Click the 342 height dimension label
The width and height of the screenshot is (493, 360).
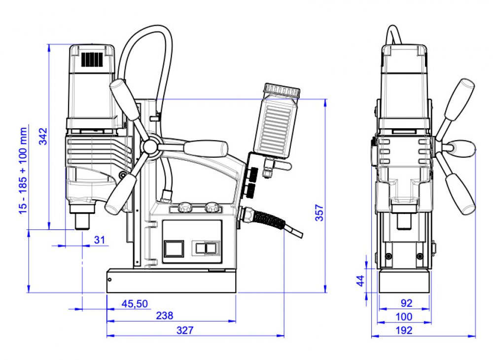coord(43,136)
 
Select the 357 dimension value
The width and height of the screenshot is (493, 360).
coord(319,213)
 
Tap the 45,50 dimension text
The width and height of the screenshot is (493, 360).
coord(135,304)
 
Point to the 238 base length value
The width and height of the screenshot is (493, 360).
coord(165,316)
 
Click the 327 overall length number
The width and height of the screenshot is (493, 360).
coord(185,330)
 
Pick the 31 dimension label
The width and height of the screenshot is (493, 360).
coord(100,240)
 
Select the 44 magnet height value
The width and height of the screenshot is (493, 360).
coord(361,281)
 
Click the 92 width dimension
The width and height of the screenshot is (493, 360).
coord(406,303)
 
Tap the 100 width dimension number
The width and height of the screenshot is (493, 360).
coord(404,317)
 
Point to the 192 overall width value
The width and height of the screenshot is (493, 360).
coord(404,330)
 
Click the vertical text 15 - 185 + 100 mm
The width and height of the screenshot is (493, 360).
coord(23,171)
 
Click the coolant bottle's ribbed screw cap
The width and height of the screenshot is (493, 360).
coord(282,90)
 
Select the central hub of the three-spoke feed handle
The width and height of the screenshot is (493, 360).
coord(150,146)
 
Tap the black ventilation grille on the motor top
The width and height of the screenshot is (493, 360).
coord(92,59)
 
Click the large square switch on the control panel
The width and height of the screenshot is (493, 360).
coord(174,249)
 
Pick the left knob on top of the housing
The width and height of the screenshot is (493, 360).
coord(184,208)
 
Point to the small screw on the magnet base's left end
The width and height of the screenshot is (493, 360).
coord(109,280)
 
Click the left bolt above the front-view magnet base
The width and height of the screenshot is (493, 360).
coord(389,256)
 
